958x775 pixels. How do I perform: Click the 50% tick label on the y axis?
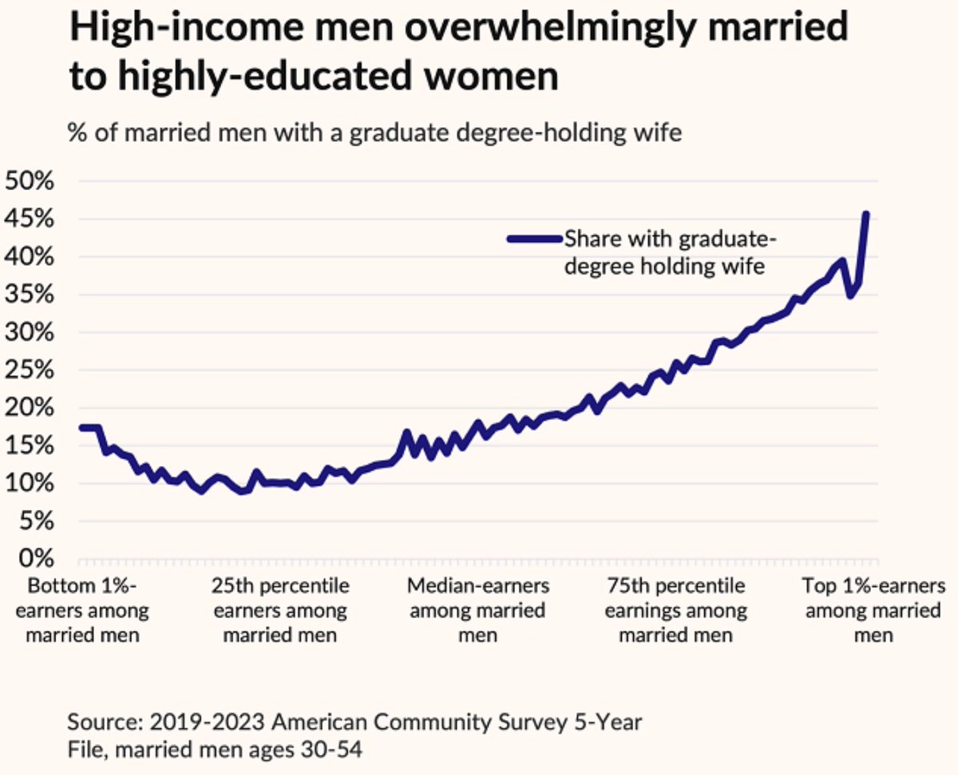pyautogui.click(x=30, y=181)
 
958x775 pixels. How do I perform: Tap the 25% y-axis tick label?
pyautogui.click(x=30, y=370)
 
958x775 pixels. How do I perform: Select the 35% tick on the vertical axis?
pyautogui.click(x=30, y=295)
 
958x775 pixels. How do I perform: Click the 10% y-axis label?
pyautogui.click(x=30, y=484)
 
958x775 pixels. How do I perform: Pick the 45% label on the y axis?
pyautogui.click(x=30, y=219)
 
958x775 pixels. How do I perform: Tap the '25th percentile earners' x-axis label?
pyautogui.click(x=280, y=611)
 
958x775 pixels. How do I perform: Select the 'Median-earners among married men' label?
pyautogui.click(x=477, y=611)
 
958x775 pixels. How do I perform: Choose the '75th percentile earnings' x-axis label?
pyautogui.click(x=675, y=611)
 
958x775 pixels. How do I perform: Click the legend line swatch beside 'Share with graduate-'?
pyautogui.click(x=534, y=237)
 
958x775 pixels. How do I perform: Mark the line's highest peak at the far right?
pyautogui.click(x=865, y=215)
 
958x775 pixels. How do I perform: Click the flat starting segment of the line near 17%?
pyautogui.click(x=89, y=428)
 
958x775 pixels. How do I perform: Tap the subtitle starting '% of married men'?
pyautogui.click(x=374, y=132)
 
